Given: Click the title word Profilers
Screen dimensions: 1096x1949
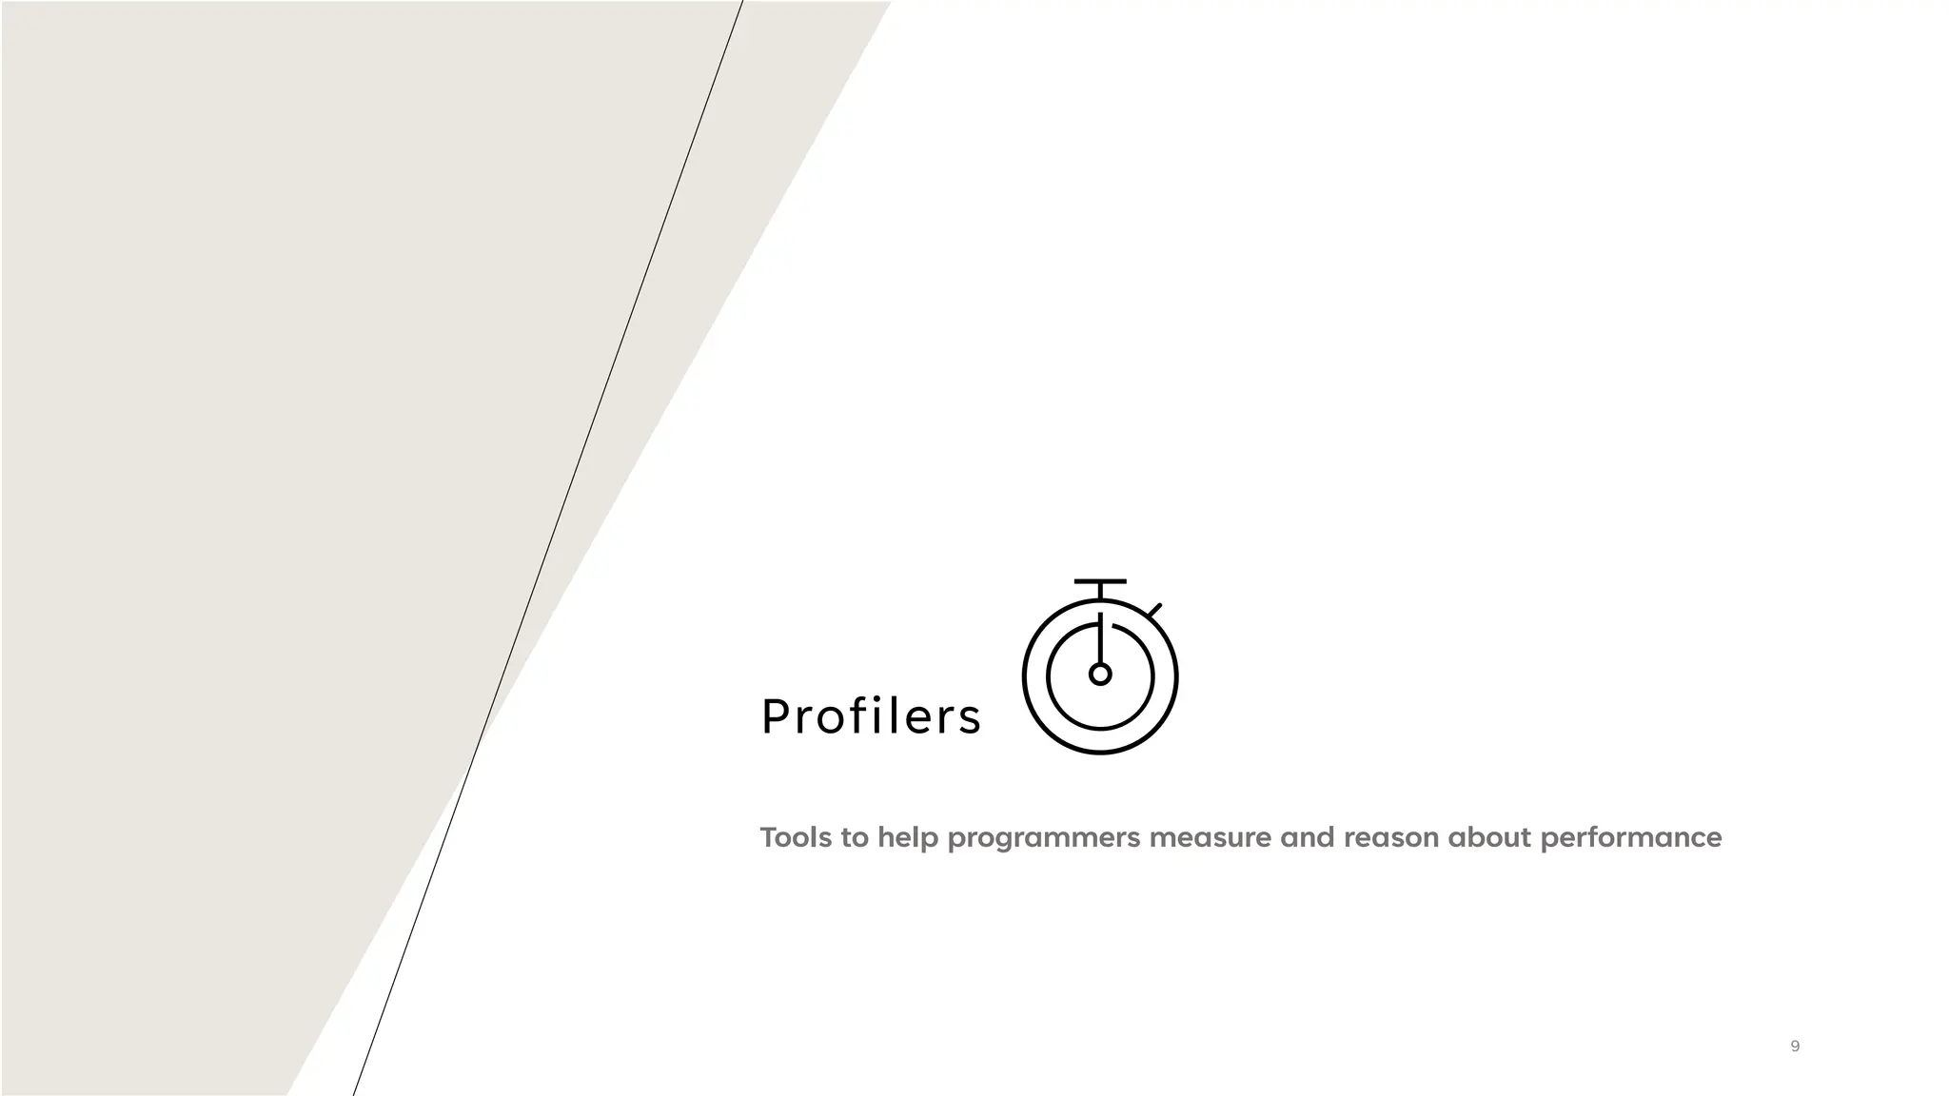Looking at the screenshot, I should click(871, 716).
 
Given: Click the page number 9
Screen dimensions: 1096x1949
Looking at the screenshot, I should click(1795, 1046).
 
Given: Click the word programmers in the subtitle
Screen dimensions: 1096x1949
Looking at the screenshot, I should click(1044, 839).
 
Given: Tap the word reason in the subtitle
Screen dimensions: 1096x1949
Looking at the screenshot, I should click(1390, 838).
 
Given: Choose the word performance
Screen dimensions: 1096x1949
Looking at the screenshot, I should click(1630, 839).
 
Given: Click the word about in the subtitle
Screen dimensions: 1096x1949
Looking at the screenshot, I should click(1489, 837).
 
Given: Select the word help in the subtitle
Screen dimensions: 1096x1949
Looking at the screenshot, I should click(908, 838).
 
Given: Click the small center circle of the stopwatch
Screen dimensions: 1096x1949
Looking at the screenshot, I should click(1100, 675).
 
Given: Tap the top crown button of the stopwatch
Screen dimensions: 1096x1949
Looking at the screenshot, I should click(1100, 581).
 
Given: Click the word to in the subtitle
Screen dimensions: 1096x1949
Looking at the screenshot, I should click(855, 837).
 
